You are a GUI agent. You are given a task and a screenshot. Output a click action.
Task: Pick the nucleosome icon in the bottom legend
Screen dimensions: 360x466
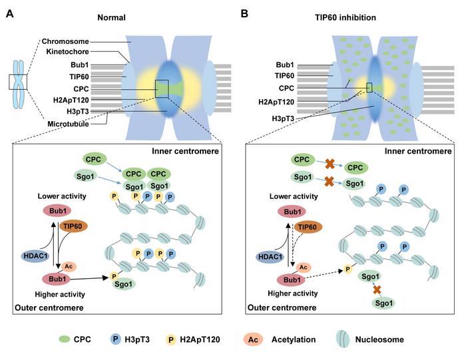(345, 339)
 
